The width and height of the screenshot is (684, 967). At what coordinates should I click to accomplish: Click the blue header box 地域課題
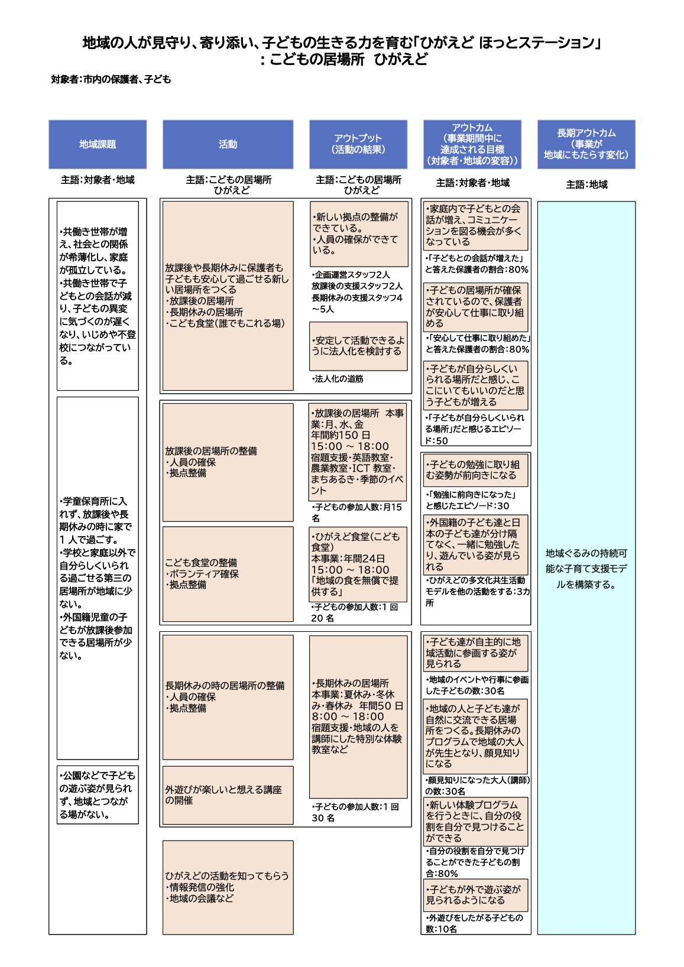pyautogui.click(x=98, y=144)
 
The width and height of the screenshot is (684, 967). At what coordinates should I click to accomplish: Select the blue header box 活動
pyautogui.click(x=228, y=144)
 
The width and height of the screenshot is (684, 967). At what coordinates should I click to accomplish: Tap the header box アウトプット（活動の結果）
pyautogui.click(x=358, y=144)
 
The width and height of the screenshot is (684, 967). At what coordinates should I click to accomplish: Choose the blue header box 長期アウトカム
pyautogui.click(x=586, y=144)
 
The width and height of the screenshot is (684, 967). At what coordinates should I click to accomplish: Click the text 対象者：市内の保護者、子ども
pyautogui.click(x=111, y=79)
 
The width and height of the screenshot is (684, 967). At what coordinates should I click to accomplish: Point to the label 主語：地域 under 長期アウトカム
pyautogui.click(x=586, y=184)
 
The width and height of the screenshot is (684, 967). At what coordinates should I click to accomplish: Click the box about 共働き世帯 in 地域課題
pyautogui.click(x=98, y=296)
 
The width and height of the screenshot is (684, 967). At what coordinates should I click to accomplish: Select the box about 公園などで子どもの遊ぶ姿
pyautogui.click(x=98, y=794)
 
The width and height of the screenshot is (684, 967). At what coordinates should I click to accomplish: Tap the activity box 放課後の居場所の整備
pyautogui.click(x=228, y=462)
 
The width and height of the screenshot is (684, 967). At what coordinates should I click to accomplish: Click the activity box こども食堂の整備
pyautogui.click(x=228, y=574)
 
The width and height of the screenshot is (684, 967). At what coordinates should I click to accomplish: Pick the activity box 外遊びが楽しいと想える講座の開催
pyautogui.click(x=228, y=795)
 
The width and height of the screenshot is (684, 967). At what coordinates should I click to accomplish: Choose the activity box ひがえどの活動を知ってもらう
pyautogui.click(x=228, y=887)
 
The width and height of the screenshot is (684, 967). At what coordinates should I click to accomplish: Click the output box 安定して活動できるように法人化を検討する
pyautogui.click(x=358, y=346)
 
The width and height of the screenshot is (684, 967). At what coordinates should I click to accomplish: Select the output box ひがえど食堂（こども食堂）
pyautogui.click(x=358, y=564)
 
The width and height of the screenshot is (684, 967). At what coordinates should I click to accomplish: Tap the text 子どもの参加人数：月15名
pyautogui.click(x=356, y=512)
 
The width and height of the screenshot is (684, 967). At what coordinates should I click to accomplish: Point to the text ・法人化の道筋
pyautogui.click(x=338, y=379)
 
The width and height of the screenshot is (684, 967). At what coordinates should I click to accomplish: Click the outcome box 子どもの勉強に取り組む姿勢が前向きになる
pyautogui.click(x=475, y=470)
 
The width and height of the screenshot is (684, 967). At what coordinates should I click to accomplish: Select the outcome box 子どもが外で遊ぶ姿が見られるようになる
pyautogui.click(x=475, y=895)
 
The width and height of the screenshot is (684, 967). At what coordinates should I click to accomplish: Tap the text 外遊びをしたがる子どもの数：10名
pyautogui.click(x=475, y=923)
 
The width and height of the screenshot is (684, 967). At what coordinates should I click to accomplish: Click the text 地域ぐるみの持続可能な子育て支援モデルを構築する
pyautogui.click(x=586, y=569)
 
